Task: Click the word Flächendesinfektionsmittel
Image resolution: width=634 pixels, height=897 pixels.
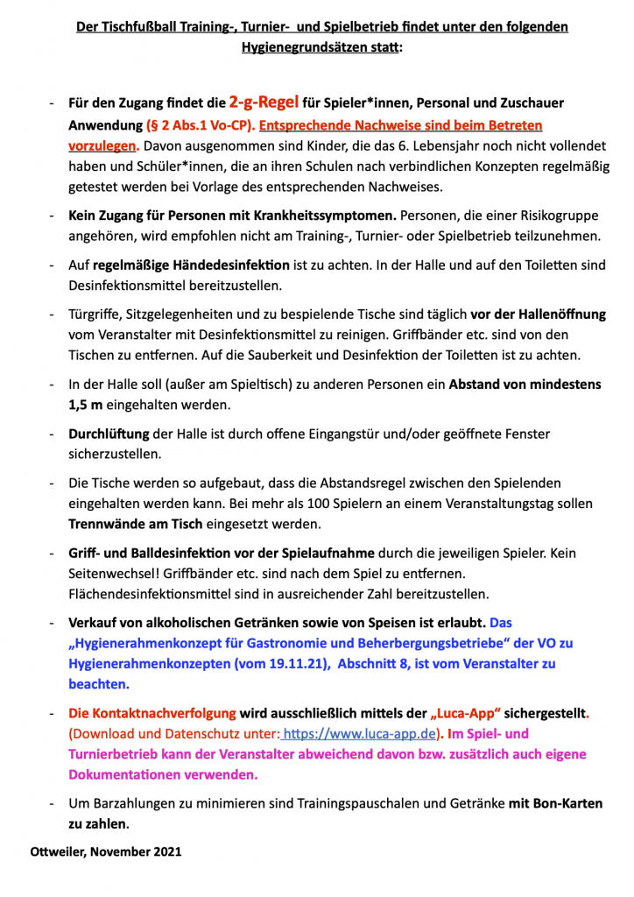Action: coord(156,595)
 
